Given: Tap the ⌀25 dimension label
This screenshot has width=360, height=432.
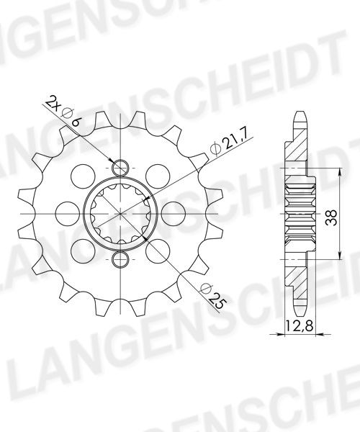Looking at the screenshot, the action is point(214,296).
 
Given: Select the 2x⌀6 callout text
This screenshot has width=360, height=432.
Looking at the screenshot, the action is point(63,112).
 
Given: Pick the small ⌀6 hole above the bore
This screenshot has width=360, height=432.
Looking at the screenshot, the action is point(120,168).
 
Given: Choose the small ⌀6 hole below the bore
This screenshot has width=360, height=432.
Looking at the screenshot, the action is point(120,259).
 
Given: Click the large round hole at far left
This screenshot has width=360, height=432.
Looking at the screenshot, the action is point(68,214).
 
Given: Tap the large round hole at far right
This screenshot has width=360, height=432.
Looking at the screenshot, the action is point(174,214).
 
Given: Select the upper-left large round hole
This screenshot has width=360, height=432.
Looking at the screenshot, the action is point(83,176).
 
